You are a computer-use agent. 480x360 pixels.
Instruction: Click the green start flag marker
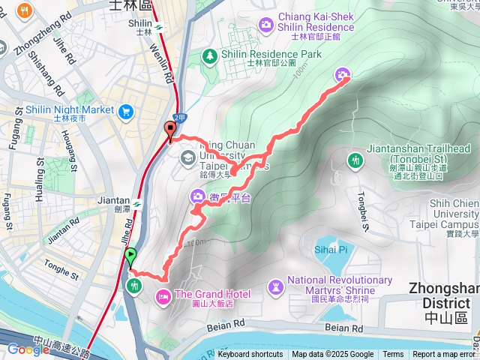coord(131,256)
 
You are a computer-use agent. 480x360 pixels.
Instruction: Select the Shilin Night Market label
coord(70,109)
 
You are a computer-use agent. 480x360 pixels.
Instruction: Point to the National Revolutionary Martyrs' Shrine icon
coord(276,286)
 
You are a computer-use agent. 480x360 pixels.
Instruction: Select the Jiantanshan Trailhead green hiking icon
coord(355,160)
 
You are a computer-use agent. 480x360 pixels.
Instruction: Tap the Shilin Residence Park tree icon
coord(211,55)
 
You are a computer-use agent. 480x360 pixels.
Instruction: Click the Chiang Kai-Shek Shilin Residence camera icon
coord(265,25)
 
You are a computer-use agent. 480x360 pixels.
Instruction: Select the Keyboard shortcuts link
coord(250,355)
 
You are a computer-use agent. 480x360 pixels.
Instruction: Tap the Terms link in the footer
coord(393,355)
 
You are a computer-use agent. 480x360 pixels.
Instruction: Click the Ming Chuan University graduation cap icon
coord(186,156)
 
